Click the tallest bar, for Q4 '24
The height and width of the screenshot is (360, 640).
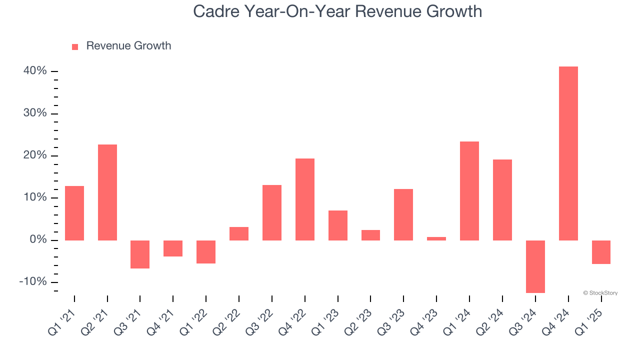point(568,153)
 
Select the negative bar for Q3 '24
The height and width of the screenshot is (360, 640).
point(535,266)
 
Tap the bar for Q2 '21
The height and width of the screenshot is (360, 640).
point(107,192)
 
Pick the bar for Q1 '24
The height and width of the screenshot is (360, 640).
point(469,191)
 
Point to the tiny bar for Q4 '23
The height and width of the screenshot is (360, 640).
point(436,238)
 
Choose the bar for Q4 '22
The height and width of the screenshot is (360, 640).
point(305,199)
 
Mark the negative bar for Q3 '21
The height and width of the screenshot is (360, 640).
point(140,254)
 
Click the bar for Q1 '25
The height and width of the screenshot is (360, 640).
point(601,252)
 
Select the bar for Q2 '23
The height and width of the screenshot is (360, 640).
point(370,235)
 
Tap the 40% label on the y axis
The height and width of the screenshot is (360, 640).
point(35,71)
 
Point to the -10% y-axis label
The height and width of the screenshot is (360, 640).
point(33,282)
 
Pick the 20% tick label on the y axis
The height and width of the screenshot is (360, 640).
point(35,155)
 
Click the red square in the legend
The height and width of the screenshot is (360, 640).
point(75,46)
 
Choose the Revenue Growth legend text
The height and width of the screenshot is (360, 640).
point(128,46)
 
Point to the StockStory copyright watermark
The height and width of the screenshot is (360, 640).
point(600,293)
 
